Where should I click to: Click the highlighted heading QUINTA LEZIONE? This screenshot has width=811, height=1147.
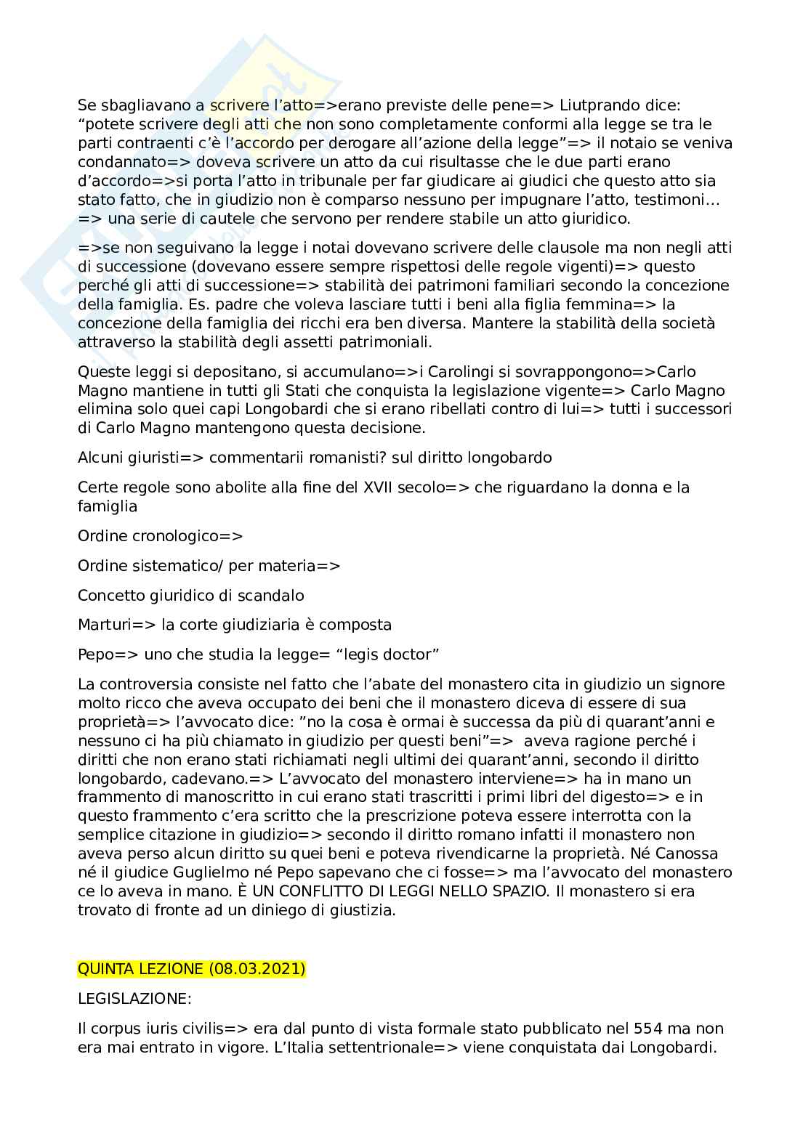tap(141, 969)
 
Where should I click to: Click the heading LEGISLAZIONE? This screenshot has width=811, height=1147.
tap(134, 999)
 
